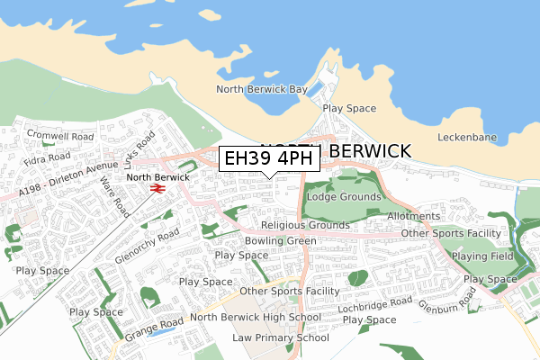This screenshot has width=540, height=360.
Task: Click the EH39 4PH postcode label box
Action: tap(269, 158)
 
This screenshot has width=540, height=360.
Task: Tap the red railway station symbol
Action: tap(157, 189)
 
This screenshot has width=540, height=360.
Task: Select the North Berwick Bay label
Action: tap(262, 89)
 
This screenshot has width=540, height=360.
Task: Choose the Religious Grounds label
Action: tap(305, 225)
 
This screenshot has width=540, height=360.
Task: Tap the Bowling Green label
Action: tap(280, 241)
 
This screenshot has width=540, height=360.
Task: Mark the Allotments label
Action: tap(413, 217)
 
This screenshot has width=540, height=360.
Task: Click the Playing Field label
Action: tap(482, 256)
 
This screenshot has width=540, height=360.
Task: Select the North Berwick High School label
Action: tap(256, 318)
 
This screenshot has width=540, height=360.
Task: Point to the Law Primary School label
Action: tap(280, 337)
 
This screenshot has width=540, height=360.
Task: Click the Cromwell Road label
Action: tap(59, 136)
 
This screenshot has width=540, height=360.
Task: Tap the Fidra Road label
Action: tap(48, 157)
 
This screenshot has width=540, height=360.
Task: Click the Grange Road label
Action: tap(154, 327)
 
